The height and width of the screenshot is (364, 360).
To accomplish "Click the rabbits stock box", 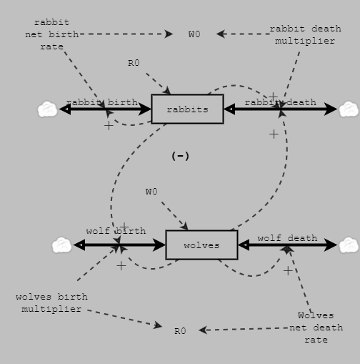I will pyautogui.click(x=187, y=109).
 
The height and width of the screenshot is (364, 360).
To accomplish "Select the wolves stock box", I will pyautogui.click(x=201, y=245).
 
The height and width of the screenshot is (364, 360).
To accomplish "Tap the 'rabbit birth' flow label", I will pyautogui.click(x=102, y=102).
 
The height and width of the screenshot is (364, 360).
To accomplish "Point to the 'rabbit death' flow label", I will pyautogui.click(x=280, y=102).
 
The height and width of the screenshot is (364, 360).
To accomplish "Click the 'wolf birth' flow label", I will pyautogui.click(x=116, y=231).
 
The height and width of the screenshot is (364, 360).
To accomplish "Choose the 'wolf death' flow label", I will pyautogui.click(x=287, y=238).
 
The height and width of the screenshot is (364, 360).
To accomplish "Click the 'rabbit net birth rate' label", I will pyautogui.click(x=52, y=34).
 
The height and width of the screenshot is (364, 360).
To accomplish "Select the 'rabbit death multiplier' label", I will pyautogui.click(x=305, y=34).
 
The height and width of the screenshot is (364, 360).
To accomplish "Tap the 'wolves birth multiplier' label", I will pyautogui.click(x=51, y=302).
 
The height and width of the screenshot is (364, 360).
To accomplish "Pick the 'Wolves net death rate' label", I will pyautogui.click(x=316, y=328).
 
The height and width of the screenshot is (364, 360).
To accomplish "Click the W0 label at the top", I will pyautogui.click(x=194, y=34).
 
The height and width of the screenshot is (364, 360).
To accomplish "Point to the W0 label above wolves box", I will pyautogui.click(x=151, y=192).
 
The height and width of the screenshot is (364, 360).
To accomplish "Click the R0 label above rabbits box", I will pyautogui.click(x=134, y=63).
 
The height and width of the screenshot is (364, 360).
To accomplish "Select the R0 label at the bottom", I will pyautogui.click(x=180, y=331).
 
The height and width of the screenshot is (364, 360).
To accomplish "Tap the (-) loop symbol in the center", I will pyautogui.click(x=181, y=156).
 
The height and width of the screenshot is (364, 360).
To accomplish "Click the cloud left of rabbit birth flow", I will pyautogui.click(x=47, y=109).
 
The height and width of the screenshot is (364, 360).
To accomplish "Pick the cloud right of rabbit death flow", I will pyautogui.click(x=349, y=109).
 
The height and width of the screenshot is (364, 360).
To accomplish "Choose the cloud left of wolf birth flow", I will pyautogui.click(x=61, y=245).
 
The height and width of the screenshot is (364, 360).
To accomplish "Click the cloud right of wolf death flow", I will pyautogui.click(x=349, y=245).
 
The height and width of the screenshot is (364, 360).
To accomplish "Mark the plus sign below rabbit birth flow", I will pyautogui.click(x=109, y=126).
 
